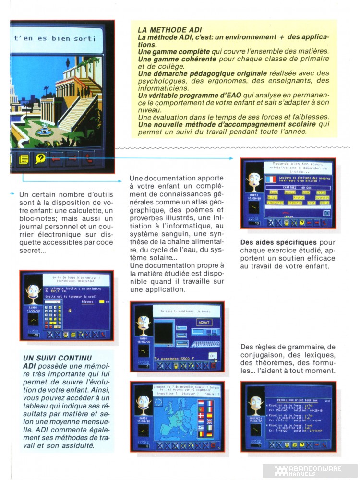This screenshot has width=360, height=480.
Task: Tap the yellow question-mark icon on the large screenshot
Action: (40, 158)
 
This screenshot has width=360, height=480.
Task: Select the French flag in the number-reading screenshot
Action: (271, 179)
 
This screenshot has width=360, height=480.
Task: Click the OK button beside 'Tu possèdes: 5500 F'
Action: (213, 356)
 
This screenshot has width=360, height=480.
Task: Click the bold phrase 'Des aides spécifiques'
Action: (272, 242)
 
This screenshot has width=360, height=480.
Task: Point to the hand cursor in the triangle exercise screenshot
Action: (69, 311)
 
